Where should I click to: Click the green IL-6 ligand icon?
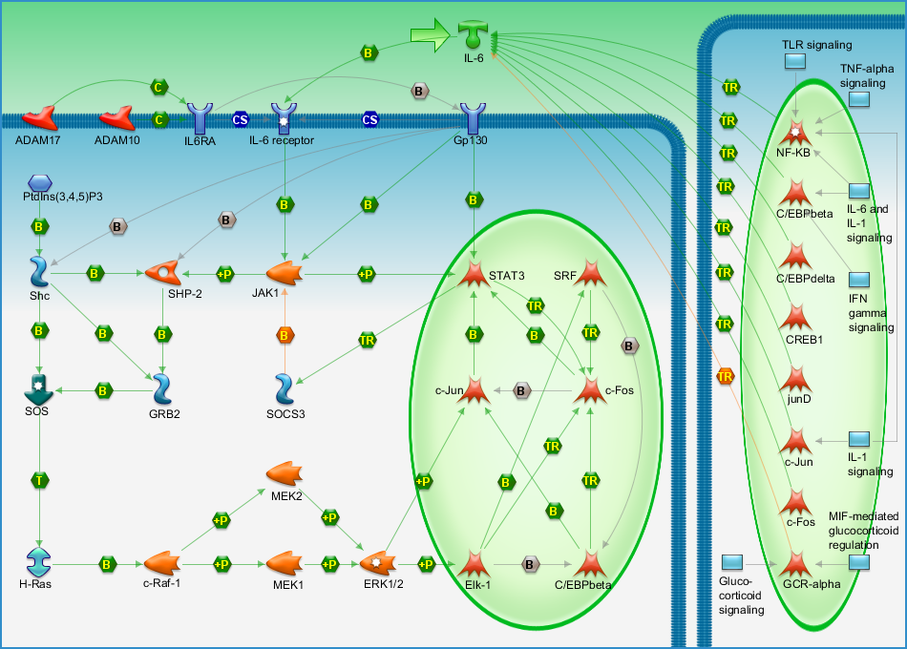click(x=473, y=34)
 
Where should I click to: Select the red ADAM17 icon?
click(x=39, y=118)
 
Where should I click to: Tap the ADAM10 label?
click(x=116, y=140)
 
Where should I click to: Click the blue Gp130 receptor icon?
click(x=473, y=118)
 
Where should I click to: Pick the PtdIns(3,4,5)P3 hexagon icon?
click(x=40, y=183)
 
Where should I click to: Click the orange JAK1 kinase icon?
click(x=284, y=273)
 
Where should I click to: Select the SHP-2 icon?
click(x=162, y=272)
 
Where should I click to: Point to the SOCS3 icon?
click(x=284, y=388)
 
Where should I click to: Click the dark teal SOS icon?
click(x=39, y=388)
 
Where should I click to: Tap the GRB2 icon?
click(x=162, y=388)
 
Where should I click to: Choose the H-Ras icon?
click(x=39, y=562)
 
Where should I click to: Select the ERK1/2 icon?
click(x=378, y=562)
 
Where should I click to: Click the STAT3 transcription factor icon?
click(x=474, y=274)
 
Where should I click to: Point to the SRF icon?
click(x=590, y=273)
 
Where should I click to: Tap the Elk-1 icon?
click(x=474, y=563)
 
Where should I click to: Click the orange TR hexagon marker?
click(x=725, y=377)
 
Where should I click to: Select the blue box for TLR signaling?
click(x=794, y=61)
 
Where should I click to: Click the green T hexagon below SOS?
click(x=39, y=480)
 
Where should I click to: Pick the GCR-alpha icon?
click(x=796, y=563)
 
